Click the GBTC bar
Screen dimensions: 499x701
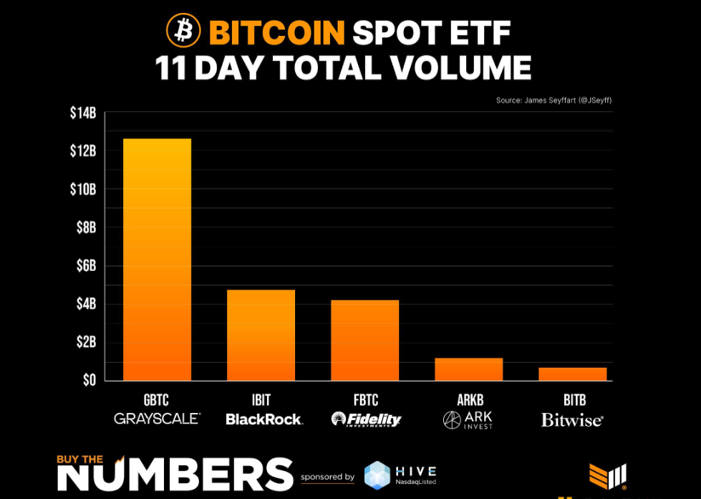(x=157, y=259)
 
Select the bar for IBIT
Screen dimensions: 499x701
(x=261, y=335)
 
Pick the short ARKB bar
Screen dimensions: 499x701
(x=468, y=369)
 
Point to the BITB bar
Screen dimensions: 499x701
(x=572, y=374)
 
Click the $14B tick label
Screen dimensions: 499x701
(x=83, y=113)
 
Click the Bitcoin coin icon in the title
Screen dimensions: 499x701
(x=183, y=31)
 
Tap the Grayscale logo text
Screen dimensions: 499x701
(x=157, y=419)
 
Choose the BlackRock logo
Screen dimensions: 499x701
(x=264, y=419)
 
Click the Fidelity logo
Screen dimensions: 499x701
(x=366, y=419)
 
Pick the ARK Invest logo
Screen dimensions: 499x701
(x=468, y=419)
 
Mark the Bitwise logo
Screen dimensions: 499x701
(x=571, y=420)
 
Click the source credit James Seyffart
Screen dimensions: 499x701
(x=553, y=100)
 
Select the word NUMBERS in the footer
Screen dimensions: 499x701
(x=175, y=474)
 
